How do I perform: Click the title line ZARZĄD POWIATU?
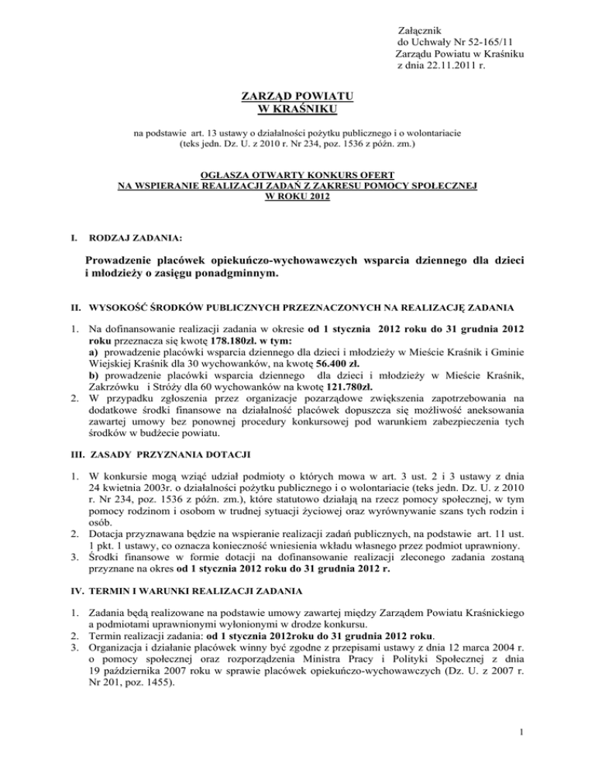tap(297, 95)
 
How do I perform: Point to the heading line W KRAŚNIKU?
tap(297, 108)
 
